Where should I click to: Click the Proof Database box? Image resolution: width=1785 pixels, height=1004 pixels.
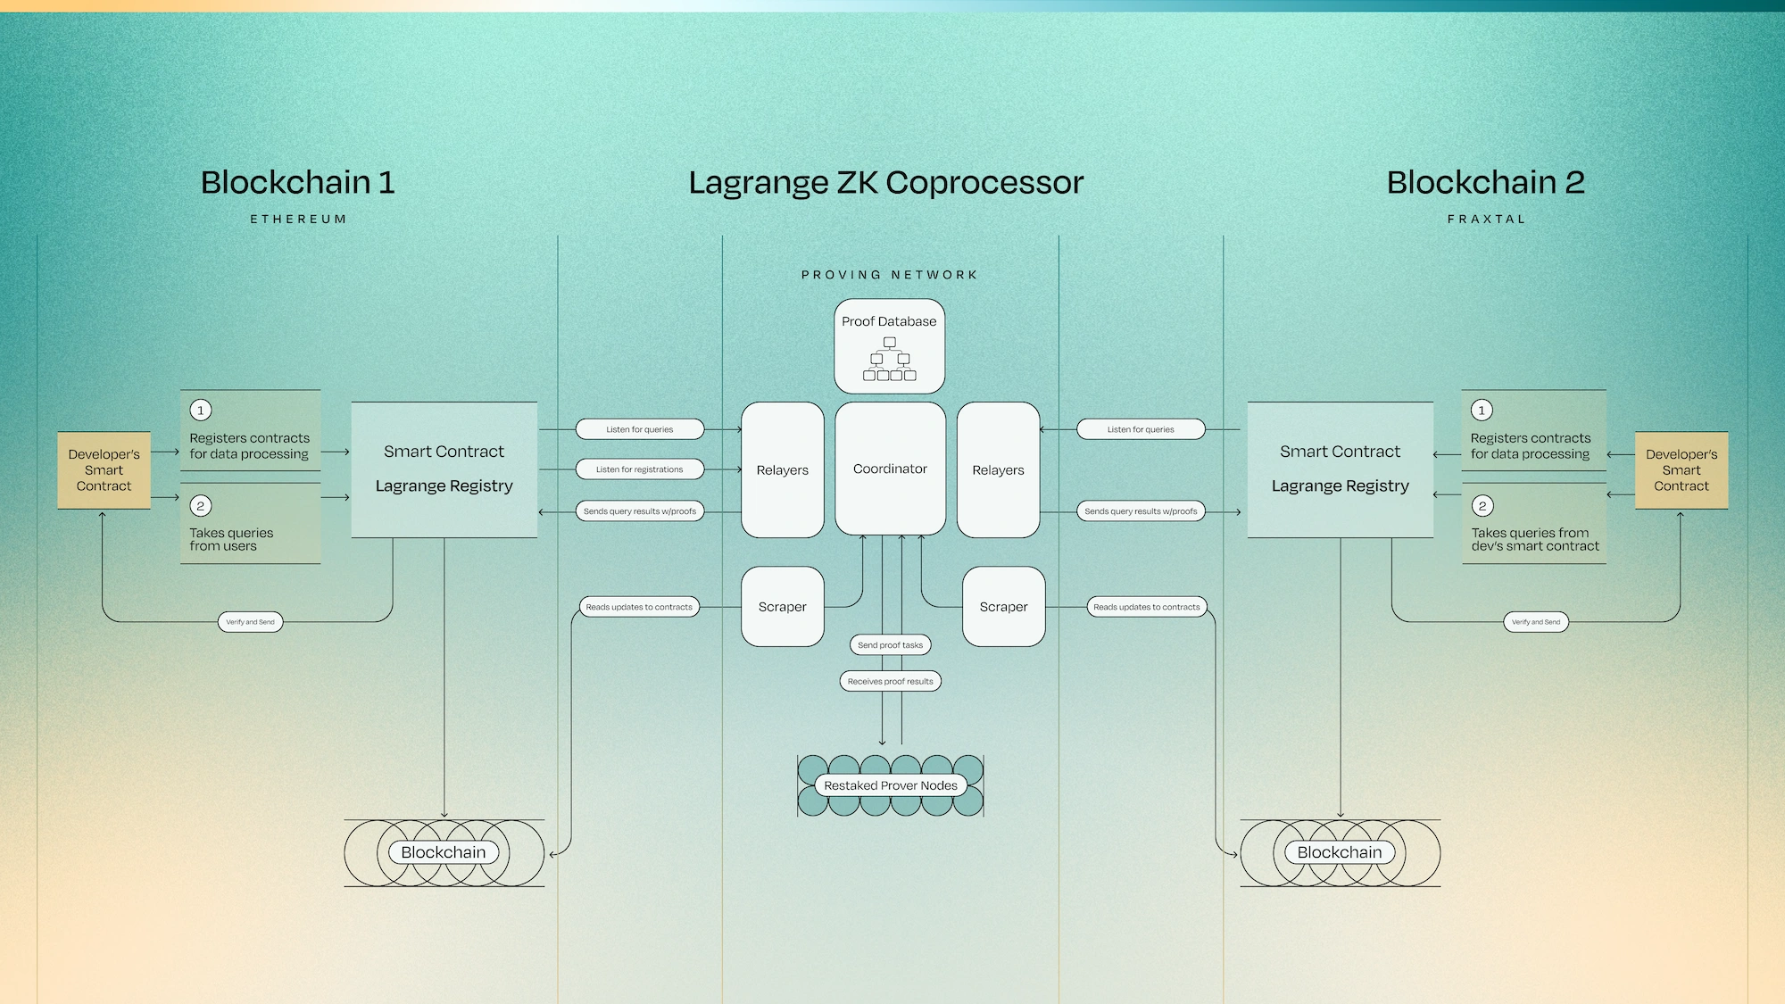coord(889,346)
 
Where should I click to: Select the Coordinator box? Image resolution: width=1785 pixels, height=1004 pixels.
coord(890,469)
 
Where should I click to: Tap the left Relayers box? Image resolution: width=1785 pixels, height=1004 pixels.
coord(782,469)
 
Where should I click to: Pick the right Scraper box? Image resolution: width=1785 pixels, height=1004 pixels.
coord(1003,607)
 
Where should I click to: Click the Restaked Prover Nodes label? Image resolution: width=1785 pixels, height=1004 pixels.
coord(890,785)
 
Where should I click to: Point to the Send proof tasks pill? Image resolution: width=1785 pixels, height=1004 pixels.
coord(890,644)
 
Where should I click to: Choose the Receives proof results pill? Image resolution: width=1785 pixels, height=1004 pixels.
coord(890,681)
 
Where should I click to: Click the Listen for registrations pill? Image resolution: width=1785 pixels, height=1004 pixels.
coord(639,469)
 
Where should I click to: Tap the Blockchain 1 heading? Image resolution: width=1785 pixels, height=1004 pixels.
coord(297,182)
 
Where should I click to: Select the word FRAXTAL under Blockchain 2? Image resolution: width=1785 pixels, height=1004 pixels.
coord(1486,219)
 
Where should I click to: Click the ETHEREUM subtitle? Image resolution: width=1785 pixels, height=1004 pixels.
coord(298,219)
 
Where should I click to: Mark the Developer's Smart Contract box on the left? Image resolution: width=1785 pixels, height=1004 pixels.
coord(104,470)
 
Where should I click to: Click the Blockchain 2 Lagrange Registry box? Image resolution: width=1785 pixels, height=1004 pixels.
coord(1340,469)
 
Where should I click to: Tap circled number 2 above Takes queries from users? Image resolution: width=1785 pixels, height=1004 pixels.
coord(201,506)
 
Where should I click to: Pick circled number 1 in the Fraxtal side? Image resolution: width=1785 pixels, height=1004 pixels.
coord(1482,411)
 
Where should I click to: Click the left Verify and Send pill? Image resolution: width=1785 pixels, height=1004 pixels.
coord(250,622)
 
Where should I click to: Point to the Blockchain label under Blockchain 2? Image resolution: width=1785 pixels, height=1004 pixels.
coord(1339,852)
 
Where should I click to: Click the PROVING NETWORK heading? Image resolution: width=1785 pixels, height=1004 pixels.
coord(889,275)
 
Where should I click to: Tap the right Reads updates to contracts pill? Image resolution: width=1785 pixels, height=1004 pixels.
coord(1146,607)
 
